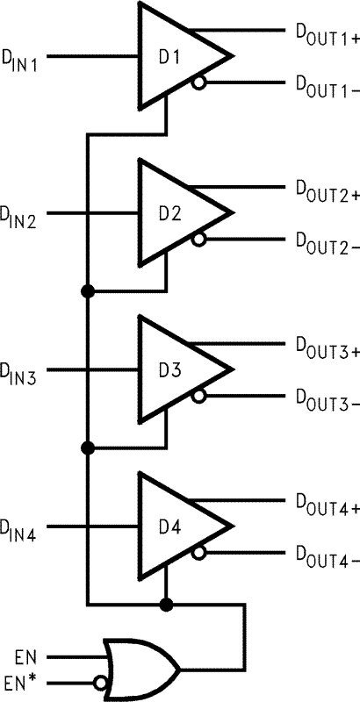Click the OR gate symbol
[140, 668]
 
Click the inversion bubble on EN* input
[102, 681]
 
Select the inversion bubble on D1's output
[200, 83]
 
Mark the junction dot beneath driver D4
[166, 605]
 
